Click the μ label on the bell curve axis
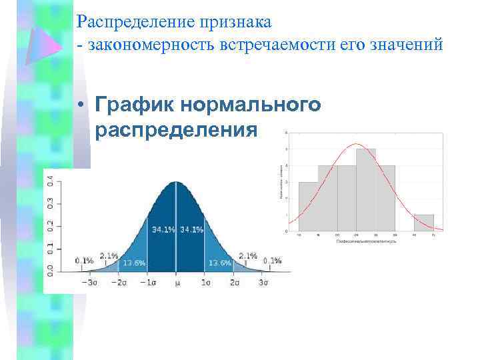pos(176,283)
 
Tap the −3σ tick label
pos(89,283)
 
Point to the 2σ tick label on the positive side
pos(235,283)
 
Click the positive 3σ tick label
pos(263,283)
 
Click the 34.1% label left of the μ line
pos(164,229)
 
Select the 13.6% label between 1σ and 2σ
pos(220,263)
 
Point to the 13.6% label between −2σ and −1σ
pos(133,263)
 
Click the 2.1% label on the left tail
pos(109,255)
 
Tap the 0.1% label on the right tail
pos(272,260)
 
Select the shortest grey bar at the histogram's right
pos(423,223)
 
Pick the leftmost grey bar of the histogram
pos(308,206)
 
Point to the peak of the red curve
pos(357,144)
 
